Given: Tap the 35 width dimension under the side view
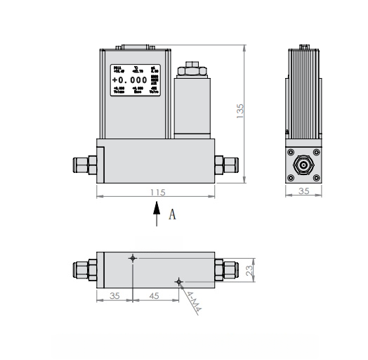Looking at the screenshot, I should point(305,190).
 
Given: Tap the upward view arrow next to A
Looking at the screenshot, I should point(156,214).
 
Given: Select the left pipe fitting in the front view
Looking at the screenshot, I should point(83,166).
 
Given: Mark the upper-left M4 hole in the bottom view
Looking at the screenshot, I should point(131,258).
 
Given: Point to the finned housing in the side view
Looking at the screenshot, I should point(305,91).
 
